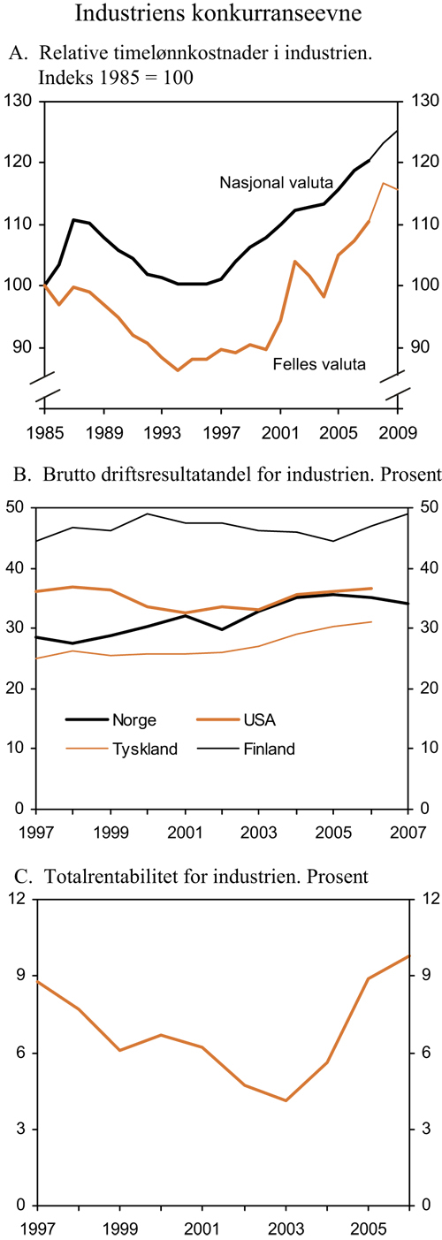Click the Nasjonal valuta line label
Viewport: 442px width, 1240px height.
(276, 183)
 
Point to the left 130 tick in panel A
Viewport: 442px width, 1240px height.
(20, 103)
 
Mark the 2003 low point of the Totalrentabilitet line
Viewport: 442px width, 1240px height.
(286, 1100)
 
